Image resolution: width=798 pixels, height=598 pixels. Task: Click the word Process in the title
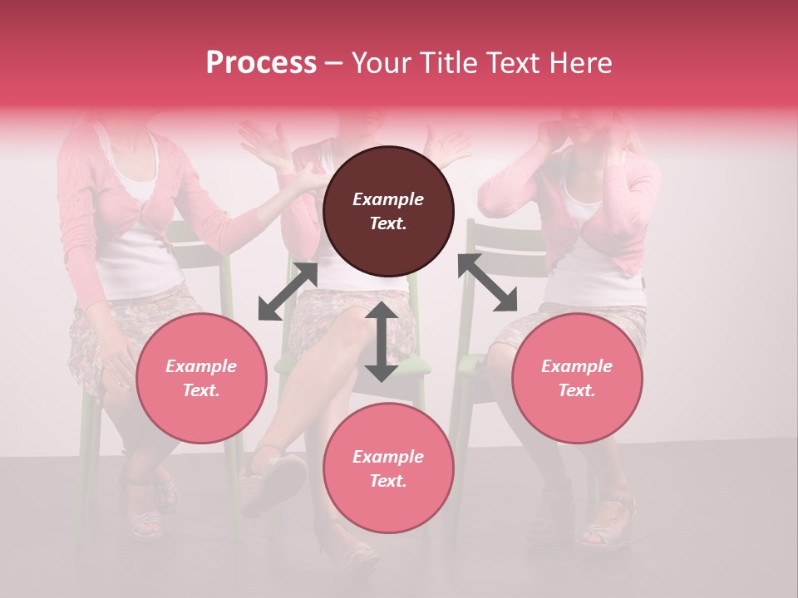(x=261, y=63)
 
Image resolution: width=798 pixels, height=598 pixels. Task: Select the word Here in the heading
(x=579, y=63)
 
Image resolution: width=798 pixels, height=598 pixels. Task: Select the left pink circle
(x=201, y=379)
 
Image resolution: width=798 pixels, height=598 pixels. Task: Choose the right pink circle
(x=577, y=379)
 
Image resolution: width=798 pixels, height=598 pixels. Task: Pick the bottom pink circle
(x=388, y=468)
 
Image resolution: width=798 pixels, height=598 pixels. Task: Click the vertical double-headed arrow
(x=382, y=341)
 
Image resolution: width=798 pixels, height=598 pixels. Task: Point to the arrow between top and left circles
(x=288, y=292)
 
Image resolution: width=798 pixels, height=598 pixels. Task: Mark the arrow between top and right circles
(x=487, y=282)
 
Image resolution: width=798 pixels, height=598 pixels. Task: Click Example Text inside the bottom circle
(x=388, y=468)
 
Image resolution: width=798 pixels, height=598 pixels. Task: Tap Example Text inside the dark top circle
(x=388, y=211)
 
